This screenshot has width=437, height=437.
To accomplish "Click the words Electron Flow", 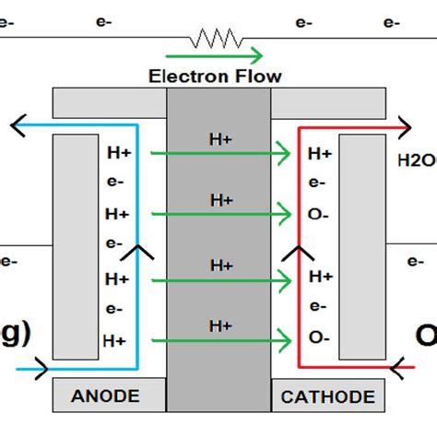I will click(216, 76).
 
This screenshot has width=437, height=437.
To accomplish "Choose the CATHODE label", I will click(328, 396).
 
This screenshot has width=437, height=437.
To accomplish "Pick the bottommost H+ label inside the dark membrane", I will click(221, 325).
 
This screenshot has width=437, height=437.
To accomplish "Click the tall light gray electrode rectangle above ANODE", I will click(75, 246).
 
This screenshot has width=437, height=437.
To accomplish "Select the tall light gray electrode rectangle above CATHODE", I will click(361, 246).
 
